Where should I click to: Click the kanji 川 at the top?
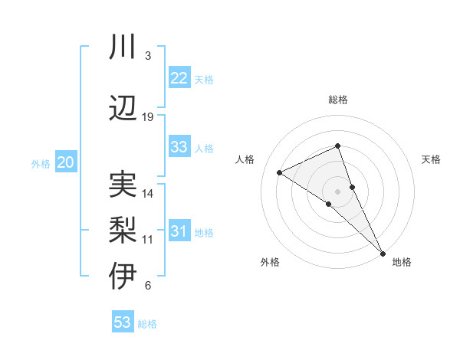123,47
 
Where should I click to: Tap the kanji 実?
123,184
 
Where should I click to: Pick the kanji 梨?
123,230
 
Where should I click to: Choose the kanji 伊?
123,277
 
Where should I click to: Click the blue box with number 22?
179,78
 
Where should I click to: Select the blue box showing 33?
179,147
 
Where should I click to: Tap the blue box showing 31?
179,231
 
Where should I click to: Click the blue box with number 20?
66,162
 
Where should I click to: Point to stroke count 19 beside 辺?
148,117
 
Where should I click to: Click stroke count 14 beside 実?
148,194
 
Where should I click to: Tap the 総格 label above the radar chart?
338,100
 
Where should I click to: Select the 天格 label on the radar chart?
431,159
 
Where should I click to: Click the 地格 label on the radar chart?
402,262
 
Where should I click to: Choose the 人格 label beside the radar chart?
245,159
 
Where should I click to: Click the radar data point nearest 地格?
381,251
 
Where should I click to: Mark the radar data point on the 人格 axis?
280,172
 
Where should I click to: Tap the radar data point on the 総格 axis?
338,146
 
